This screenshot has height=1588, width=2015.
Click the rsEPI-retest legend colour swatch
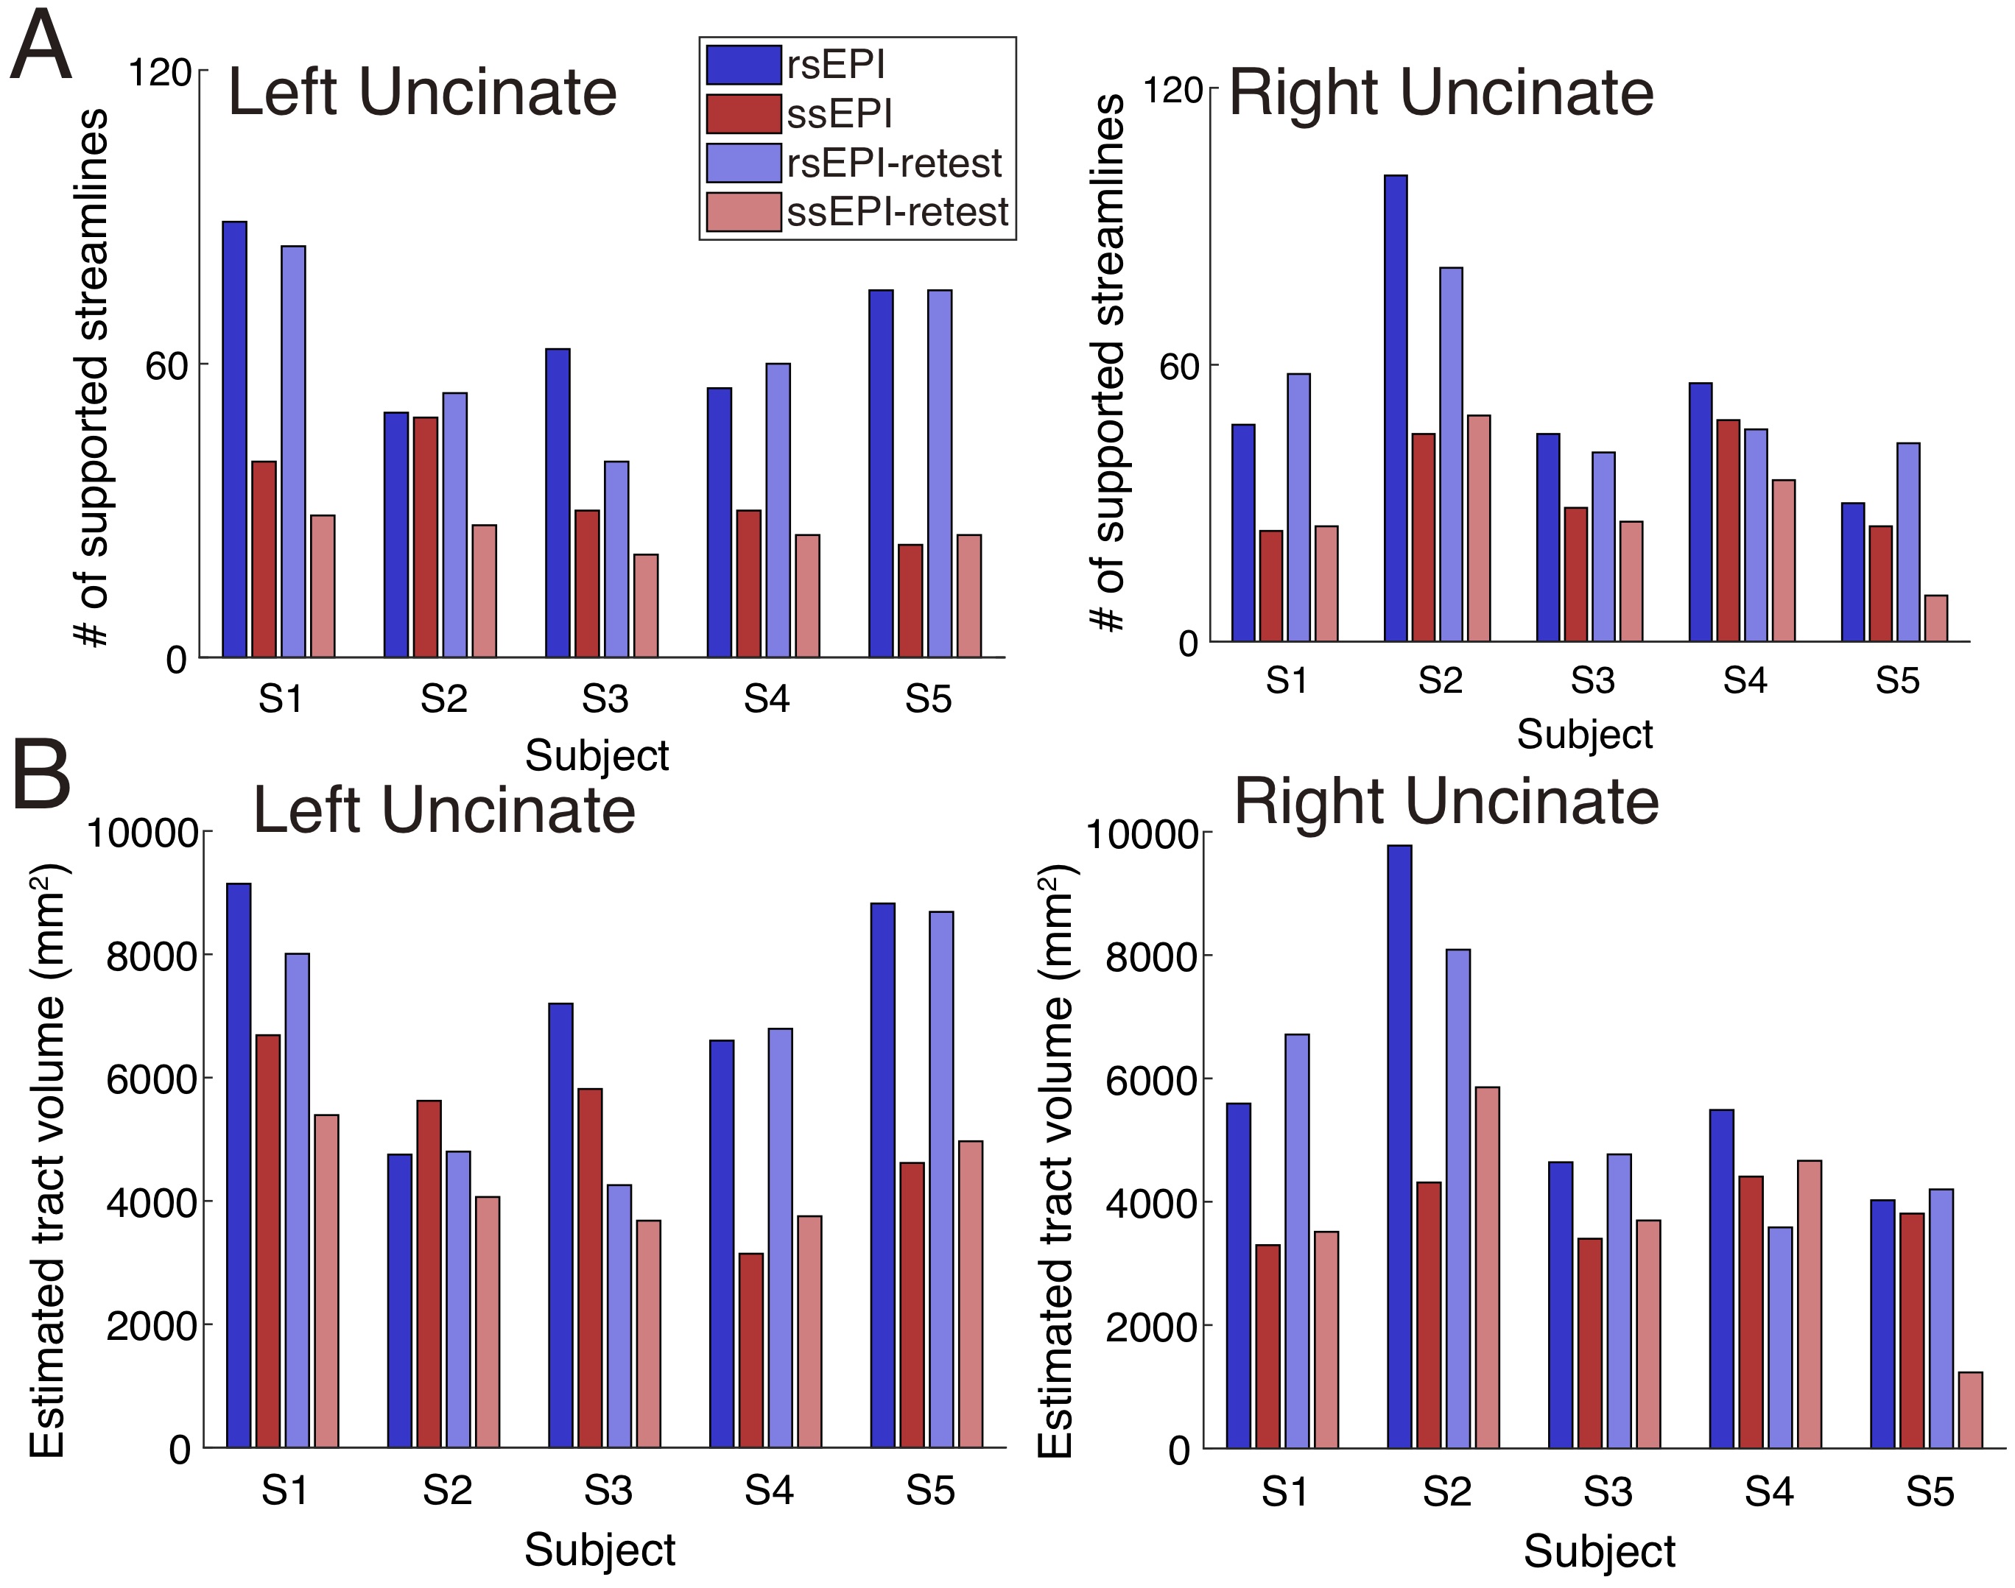click(743, 163)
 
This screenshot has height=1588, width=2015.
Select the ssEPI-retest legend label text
click(897, 213)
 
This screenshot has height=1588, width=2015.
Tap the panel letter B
click(41, 774)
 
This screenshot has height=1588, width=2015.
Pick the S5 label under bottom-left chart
click(930, 1492)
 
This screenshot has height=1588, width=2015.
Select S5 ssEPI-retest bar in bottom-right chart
click(1969, 1411)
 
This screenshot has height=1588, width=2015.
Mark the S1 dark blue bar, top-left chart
click(234, 439)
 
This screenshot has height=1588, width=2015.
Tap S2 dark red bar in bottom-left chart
click(429, 1274)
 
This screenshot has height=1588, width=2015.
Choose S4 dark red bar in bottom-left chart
click(750, 1350)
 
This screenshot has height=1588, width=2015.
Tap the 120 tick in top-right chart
click(1172, 91)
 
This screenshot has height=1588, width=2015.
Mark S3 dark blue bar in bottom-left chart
click(560, 1225)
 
